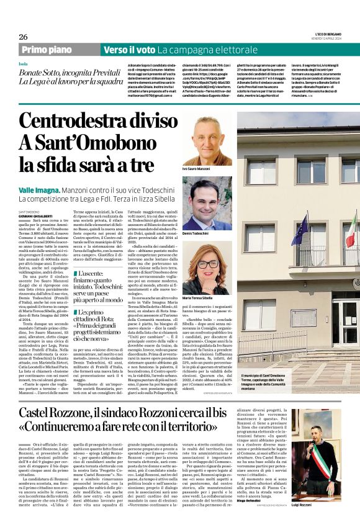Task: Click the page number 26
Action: point(23,37)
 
